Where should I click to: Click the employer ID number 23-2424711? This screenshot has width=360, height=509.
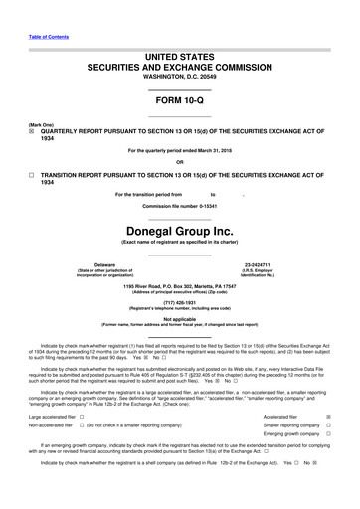point(258,264)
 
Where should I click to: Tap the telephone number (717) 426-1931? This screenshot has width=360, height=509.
point(180,306)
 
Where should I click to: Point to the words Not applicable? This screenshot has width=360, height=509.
point(180,319)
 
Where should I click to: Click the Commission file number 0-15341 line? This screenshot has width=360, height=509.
point(180,206)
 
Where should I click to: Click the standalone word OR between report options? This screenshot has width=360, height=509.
point(180,162)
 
